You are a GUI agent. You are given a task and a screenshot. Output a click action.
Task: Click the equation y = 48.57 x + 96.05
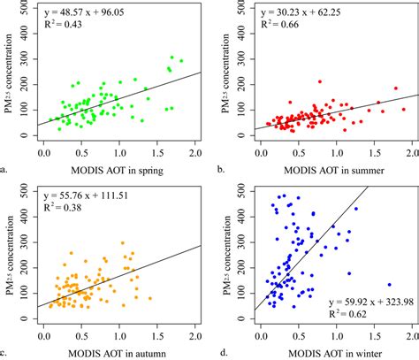point(88,11)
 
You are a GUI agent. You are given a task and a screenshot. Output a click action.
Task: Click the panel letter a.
point(5,165)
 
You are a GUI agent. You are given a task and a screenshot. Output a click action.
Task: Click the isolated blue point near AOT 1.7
point(389,285)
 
